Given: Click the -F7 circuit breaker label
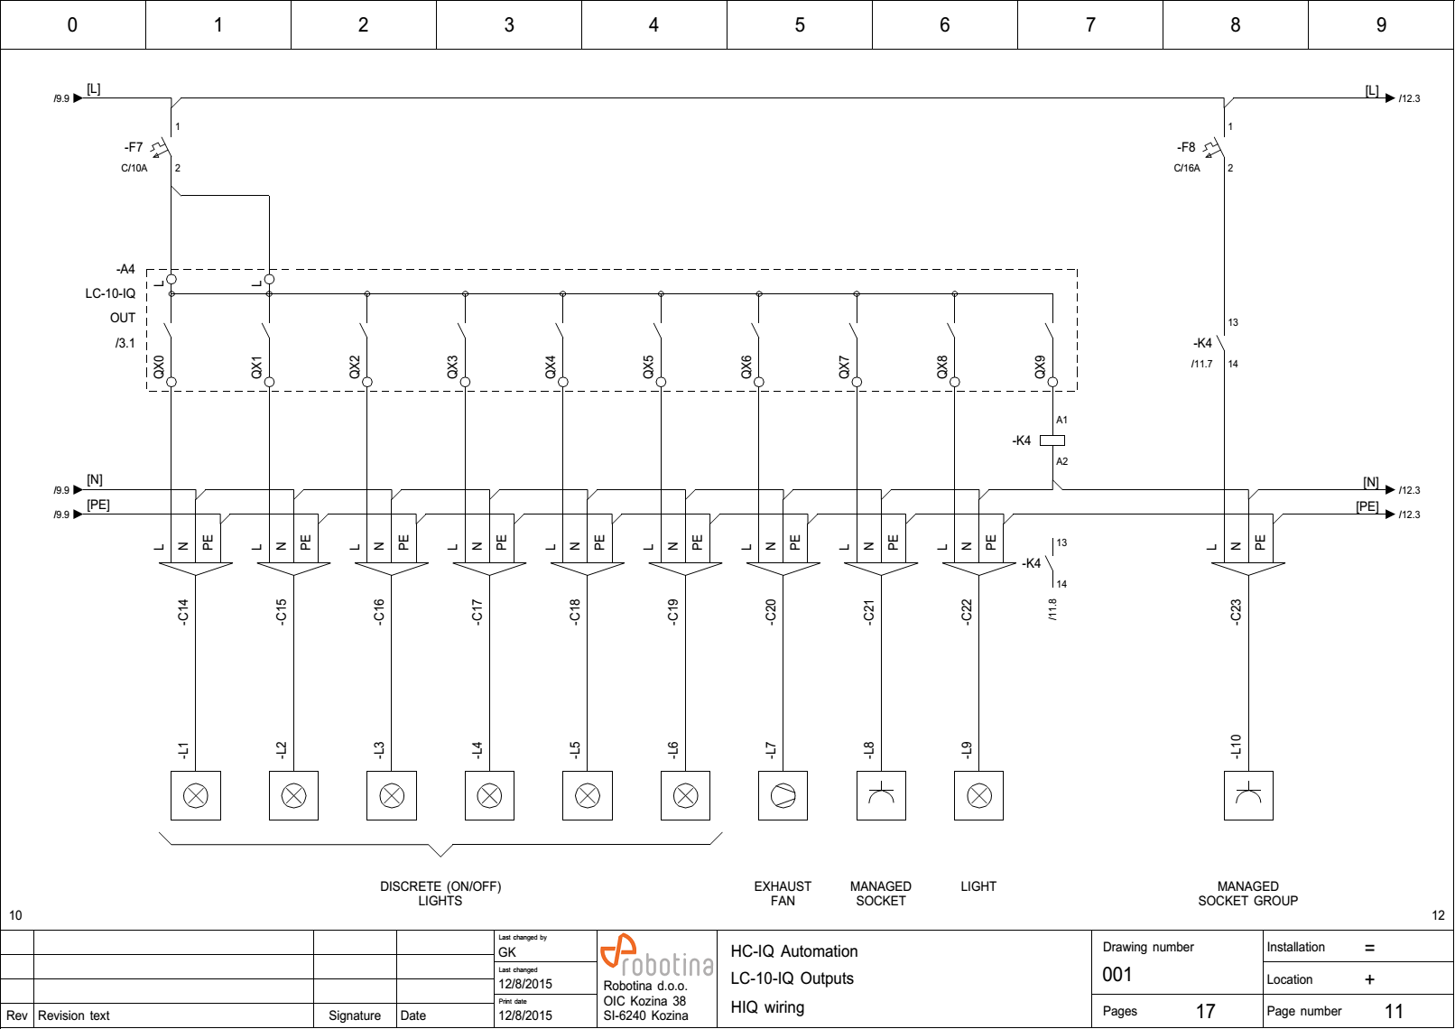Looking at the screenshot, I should [134, 147].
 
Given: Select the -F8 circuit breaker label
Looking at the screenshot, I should [1186, 147].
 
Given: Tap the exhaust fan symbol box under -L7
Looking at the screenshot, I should [783, 795].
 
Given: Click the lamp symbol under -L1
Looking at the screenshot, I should [196, 795].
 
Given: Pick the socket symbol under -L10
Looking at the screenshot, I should [1248, 795].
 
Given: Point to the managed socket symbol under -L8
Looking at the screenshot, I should [881, 795].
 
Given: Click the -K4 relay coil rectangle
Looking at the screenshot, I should [1052, 440].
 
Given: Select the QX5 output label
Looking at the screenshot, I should [648, 367].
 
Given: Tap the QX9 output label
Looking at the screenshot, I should [1040, 367].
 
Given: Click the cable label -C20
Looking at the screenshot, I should [771, 612].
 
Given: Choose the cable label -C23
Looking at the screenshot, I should [1237, 612].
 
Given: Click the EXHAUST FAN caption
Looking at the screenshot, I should [783, 894].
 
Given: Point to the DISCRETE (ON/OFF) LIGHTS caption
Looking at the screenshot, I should [440, 894].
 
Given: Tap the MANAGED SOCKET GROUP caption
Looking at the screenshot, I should [1248, 894].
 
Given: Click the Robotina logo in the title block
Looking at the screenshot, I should [656, 957].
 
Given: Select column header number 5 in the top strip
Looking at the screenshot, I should [800, 25].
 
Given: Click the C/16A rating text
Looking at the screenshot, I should [1187, 168].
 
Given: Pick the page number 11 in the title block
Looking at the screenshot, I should [1394, 1012].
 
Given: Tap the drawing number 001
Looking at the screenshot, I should [1117, 975].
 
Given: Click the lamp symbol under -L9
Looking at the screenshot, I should [979, 795].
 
